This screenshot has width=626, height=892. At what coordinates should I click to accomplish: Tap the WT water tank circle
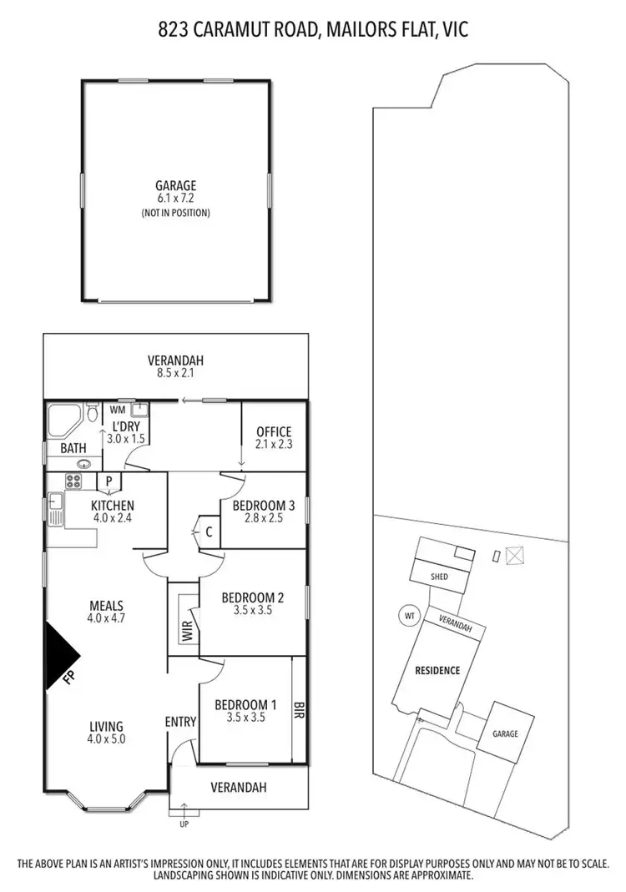[x=409, y=617]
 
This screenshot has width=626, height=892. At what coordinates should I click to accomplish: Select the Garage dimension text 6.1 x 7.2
[x=175, y=199]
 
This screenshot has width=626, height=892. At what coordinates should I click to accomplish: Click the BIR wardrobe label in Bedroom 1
[x=299, y=710]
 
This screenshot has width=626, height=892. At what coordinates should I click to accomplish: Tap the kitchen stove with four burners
[x=73, y=481]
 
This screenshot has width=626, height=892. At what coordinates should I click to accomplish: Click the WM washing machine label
[x=116, y=410]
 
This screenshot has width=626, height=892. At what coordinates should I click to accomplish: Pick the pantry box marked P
[x=109, y=481]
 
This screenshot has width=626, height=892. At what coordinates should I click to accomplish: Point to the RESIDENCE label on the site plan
[x=437, y=670]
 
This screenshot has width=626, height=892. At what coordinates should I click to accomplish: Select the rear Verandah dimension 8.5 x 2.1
[x=175, y=373]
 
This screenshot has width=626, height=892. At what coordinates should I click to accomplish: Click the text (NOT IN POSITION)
[x=175, y=213]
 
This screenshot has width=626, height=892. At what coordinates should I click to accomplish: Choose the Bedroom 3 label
[x=264, y=506]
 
